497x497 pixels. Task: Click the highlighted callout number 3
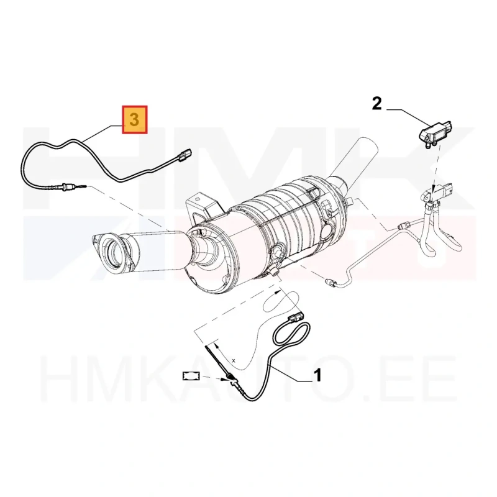point(134,120)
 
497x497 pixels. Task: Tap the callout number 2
point(376,104)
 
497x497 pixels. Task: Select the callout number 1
point(317,375)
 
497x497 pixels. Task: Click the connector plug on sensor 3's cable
point(184,155)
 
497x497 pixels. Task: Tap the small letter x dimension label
point(234,360)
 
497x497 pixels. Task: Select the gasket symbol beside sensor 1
point(191,376)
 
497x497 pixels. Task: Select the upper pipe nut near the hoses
point(403,226)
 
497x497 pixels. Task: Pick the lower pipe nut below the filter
point(330,281)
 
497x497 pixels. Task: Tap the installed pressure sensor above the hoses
point(437,193)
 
